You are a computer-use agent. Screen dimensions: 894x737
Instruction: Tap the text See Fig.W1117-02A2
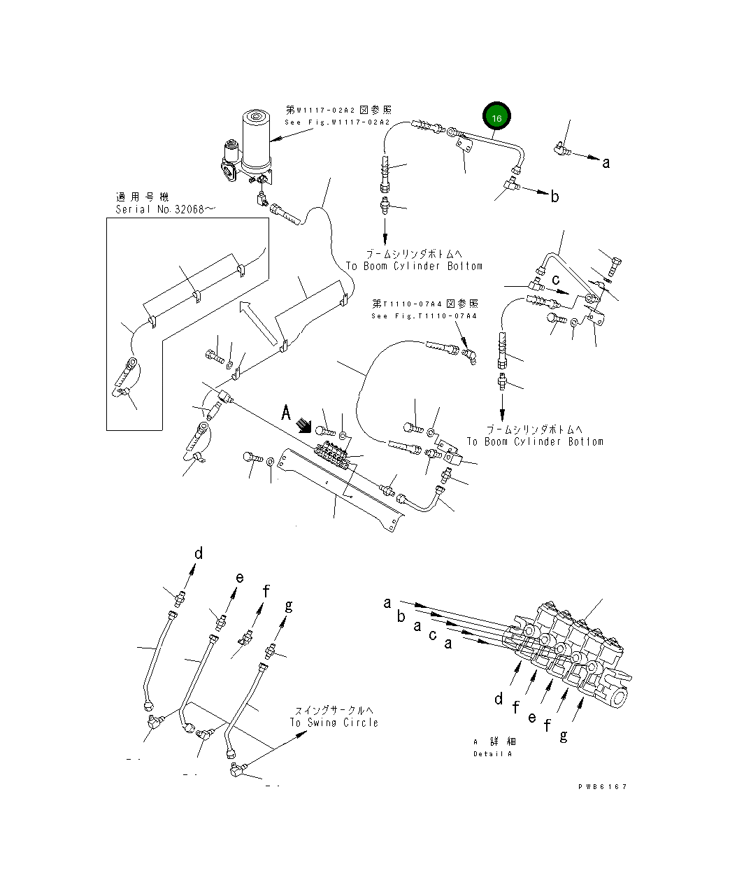click(x=337, y=122)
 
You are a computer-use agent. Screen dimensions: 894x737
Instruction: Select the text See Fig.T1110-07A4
click(x=424, y=316)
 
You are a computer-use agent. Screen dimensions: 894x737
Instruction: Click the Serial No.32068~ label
click(x=161, y=209)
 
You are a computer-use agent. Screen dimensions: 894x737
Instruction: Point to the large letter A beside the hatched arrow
click(x=285, y=413)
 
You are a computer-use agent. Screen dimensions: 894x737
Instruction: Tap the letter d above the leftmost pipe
click(x=199, y=553)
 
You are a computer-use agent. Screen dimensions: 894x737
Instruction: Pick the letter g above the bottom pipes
click(x=288, y=606)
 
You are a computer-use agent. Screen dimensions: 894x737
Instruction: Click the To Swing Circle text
click(x=334, y=723)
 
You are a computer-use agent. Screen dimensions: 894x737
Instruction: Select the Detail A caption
click(x=492, y=754)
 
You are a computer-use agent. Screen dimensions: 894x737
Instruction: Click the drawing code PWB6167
click(x=602, y=787)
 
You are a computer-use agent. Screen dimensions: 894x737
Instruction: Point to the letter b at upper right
click(x=554, y=197)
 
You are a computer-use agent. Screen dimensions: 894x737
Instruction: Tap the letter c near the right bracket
click(x=556, y=280)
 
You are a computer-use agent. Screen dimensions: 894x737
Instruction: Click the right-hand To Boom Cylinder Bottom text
click(x=535, y=441)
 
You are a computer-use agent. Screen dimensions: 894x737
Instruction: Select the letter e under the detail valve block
click(x=532, y=717)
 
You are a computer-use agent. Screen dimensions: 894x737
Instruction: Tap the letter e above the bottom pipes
click(x=239, y=577)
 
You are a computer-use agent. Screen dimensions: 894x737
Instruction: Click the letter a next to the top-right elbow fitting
click(x=606, y=163)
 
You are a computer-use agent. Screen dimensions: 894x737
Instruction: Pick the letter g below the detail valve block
click(x=564, y=736)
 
